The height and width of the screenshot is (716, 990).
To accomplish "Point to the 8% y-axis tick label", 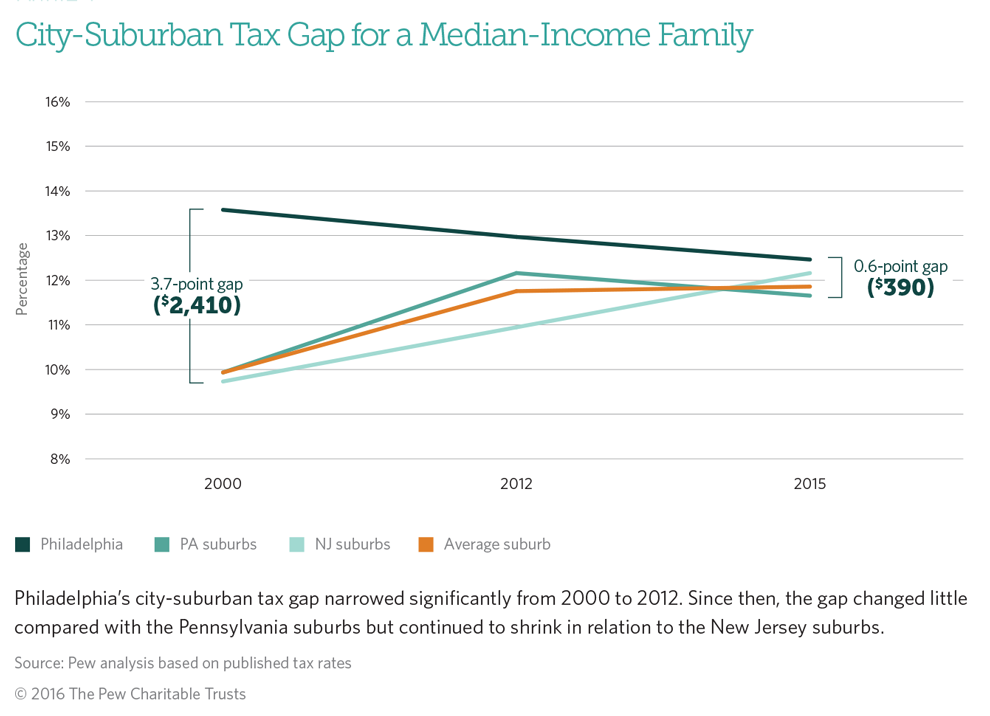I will (x=58, y=459).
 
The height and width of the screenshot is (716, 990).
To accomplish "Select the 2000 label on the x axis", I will (x=222, y=485).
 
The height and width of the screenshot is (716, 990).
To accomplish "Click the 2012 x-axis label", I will (x=516, y=485).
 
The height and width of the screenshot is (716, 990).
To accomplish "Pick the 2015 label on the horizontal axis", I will (x=809, y=485).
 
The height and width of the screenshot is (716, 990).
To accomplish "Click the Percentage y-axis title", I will (x=21, y=279).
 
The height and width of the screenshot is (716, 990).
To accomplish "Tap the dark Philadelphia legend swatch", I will (x=22, y=545).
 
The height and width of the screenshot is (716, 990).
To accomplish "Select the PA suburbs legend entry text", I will (x=218, y=545).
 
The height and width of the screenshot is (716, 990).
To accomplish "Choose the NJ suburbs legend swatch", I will (x=296, y=545).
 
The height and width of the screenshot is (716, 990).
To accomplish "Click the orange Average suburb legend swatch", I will (x=426, y=545).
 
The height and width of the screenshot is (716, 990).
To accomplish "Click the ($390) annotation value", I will (x=901, y=288).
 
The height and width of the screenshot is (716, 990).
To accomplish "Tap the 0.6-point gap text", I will (x=900, y=267).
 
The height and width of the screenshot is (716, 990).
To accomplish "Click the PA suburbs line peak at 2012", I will (x=516, y=273).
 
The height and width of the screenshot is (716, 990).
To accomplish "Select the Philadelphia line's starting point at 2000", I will (x=222, y=210).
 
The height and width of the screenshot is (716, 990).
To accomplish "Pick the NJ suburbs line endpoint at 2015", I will (x=810, y=273).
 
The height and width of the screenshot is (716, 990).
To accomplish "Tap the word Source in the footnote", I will (x=36, y=663).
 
